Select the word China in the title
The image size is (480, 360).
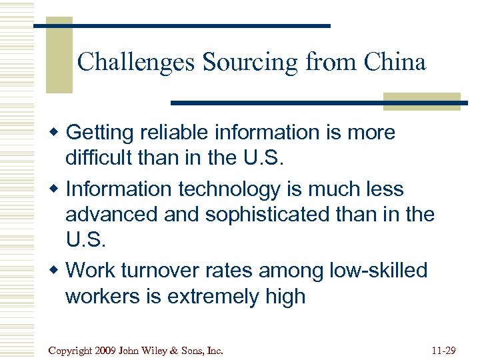click(x=395, y=63)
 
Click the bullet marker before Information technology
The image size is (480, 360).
click(x=57, y=189)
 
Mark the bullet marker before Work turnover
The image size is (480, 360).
click(x=57, y=271)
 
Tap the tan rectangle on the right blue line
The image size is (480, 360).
click(x=421, y=101)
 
